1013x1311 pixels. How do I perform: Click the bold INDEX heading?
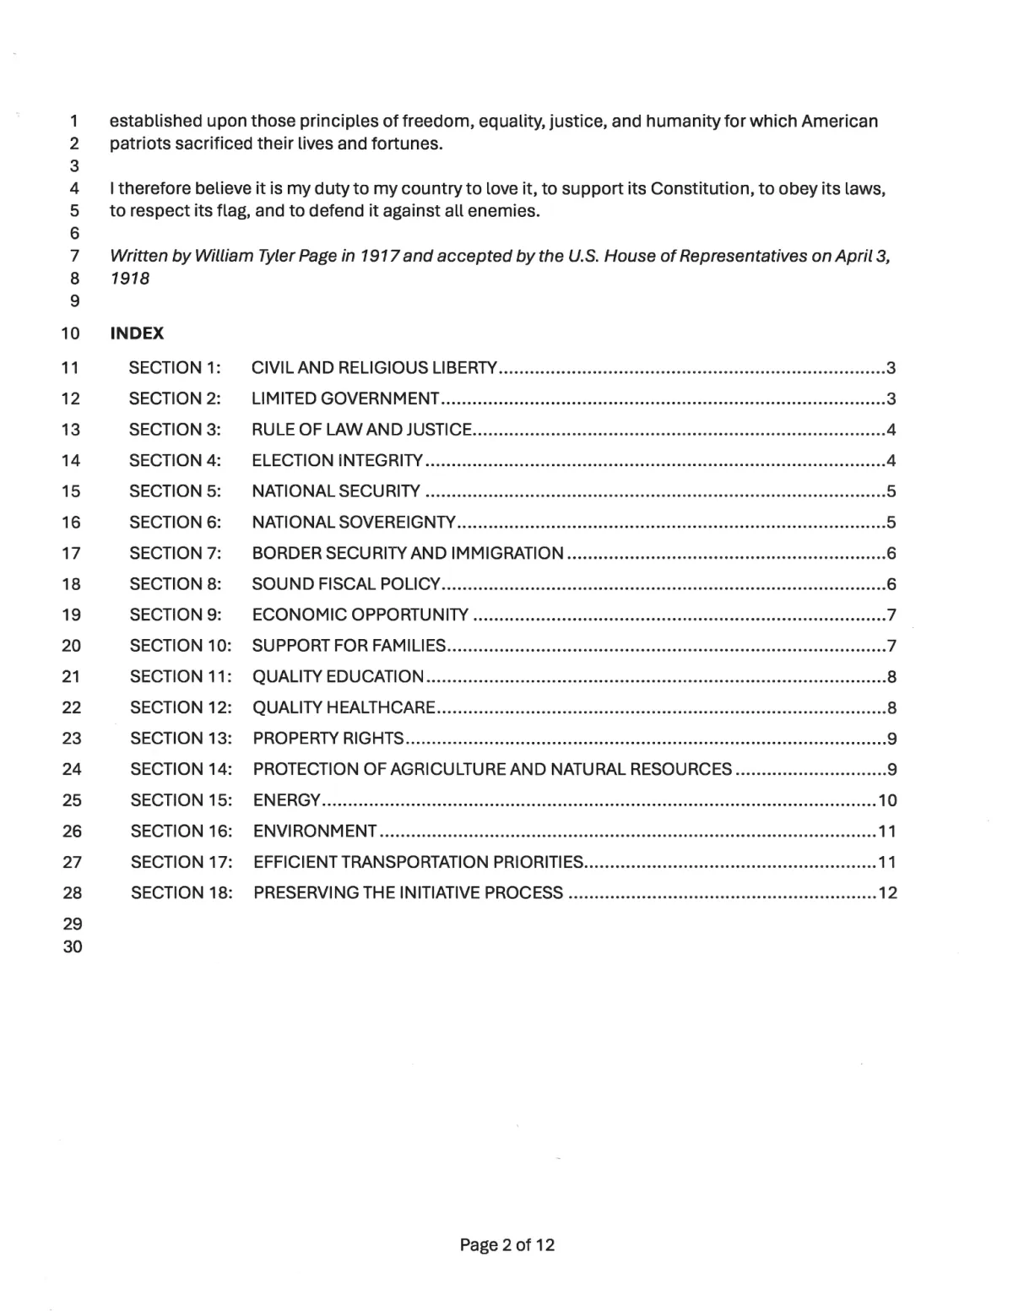[137, 333]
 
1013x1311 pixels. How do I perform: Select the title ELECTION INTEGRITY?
[337, 461]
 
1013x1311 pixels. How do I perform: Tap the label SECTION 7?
[176, 554]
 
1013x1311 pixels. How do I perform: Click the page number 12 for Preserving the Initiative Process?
[887, 893]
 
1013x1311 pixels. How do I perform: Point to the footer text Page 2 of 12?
[506, 1245]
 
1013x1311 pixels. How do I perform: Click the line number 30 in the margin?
[73, 947]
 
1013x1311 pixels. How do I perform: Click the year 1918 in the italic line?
[130, 279]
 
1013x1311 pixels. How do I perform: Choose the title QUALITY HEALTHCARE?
[344, 707]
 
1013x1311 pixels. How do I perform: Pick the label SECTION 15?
[181, 800]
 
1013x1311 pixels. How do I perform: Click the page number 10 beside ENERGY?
[887, 800]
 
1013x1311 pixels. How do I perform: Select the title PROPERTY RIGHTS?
[328, 739]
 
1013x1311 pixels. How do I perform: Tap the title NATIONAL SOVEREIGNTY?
[354, 523]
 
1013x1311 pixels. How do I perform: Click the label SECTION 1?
[175, 368]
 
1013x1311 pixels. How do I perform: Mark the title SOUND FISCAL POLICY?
[346, 584]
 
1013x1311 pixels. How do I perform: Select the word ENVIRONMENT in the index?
[315, 832]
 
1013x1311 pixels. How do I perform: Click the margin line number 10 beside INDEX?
[71, 334]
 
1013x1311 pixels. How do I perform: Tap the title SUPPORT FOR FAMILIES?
[349, 646]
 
